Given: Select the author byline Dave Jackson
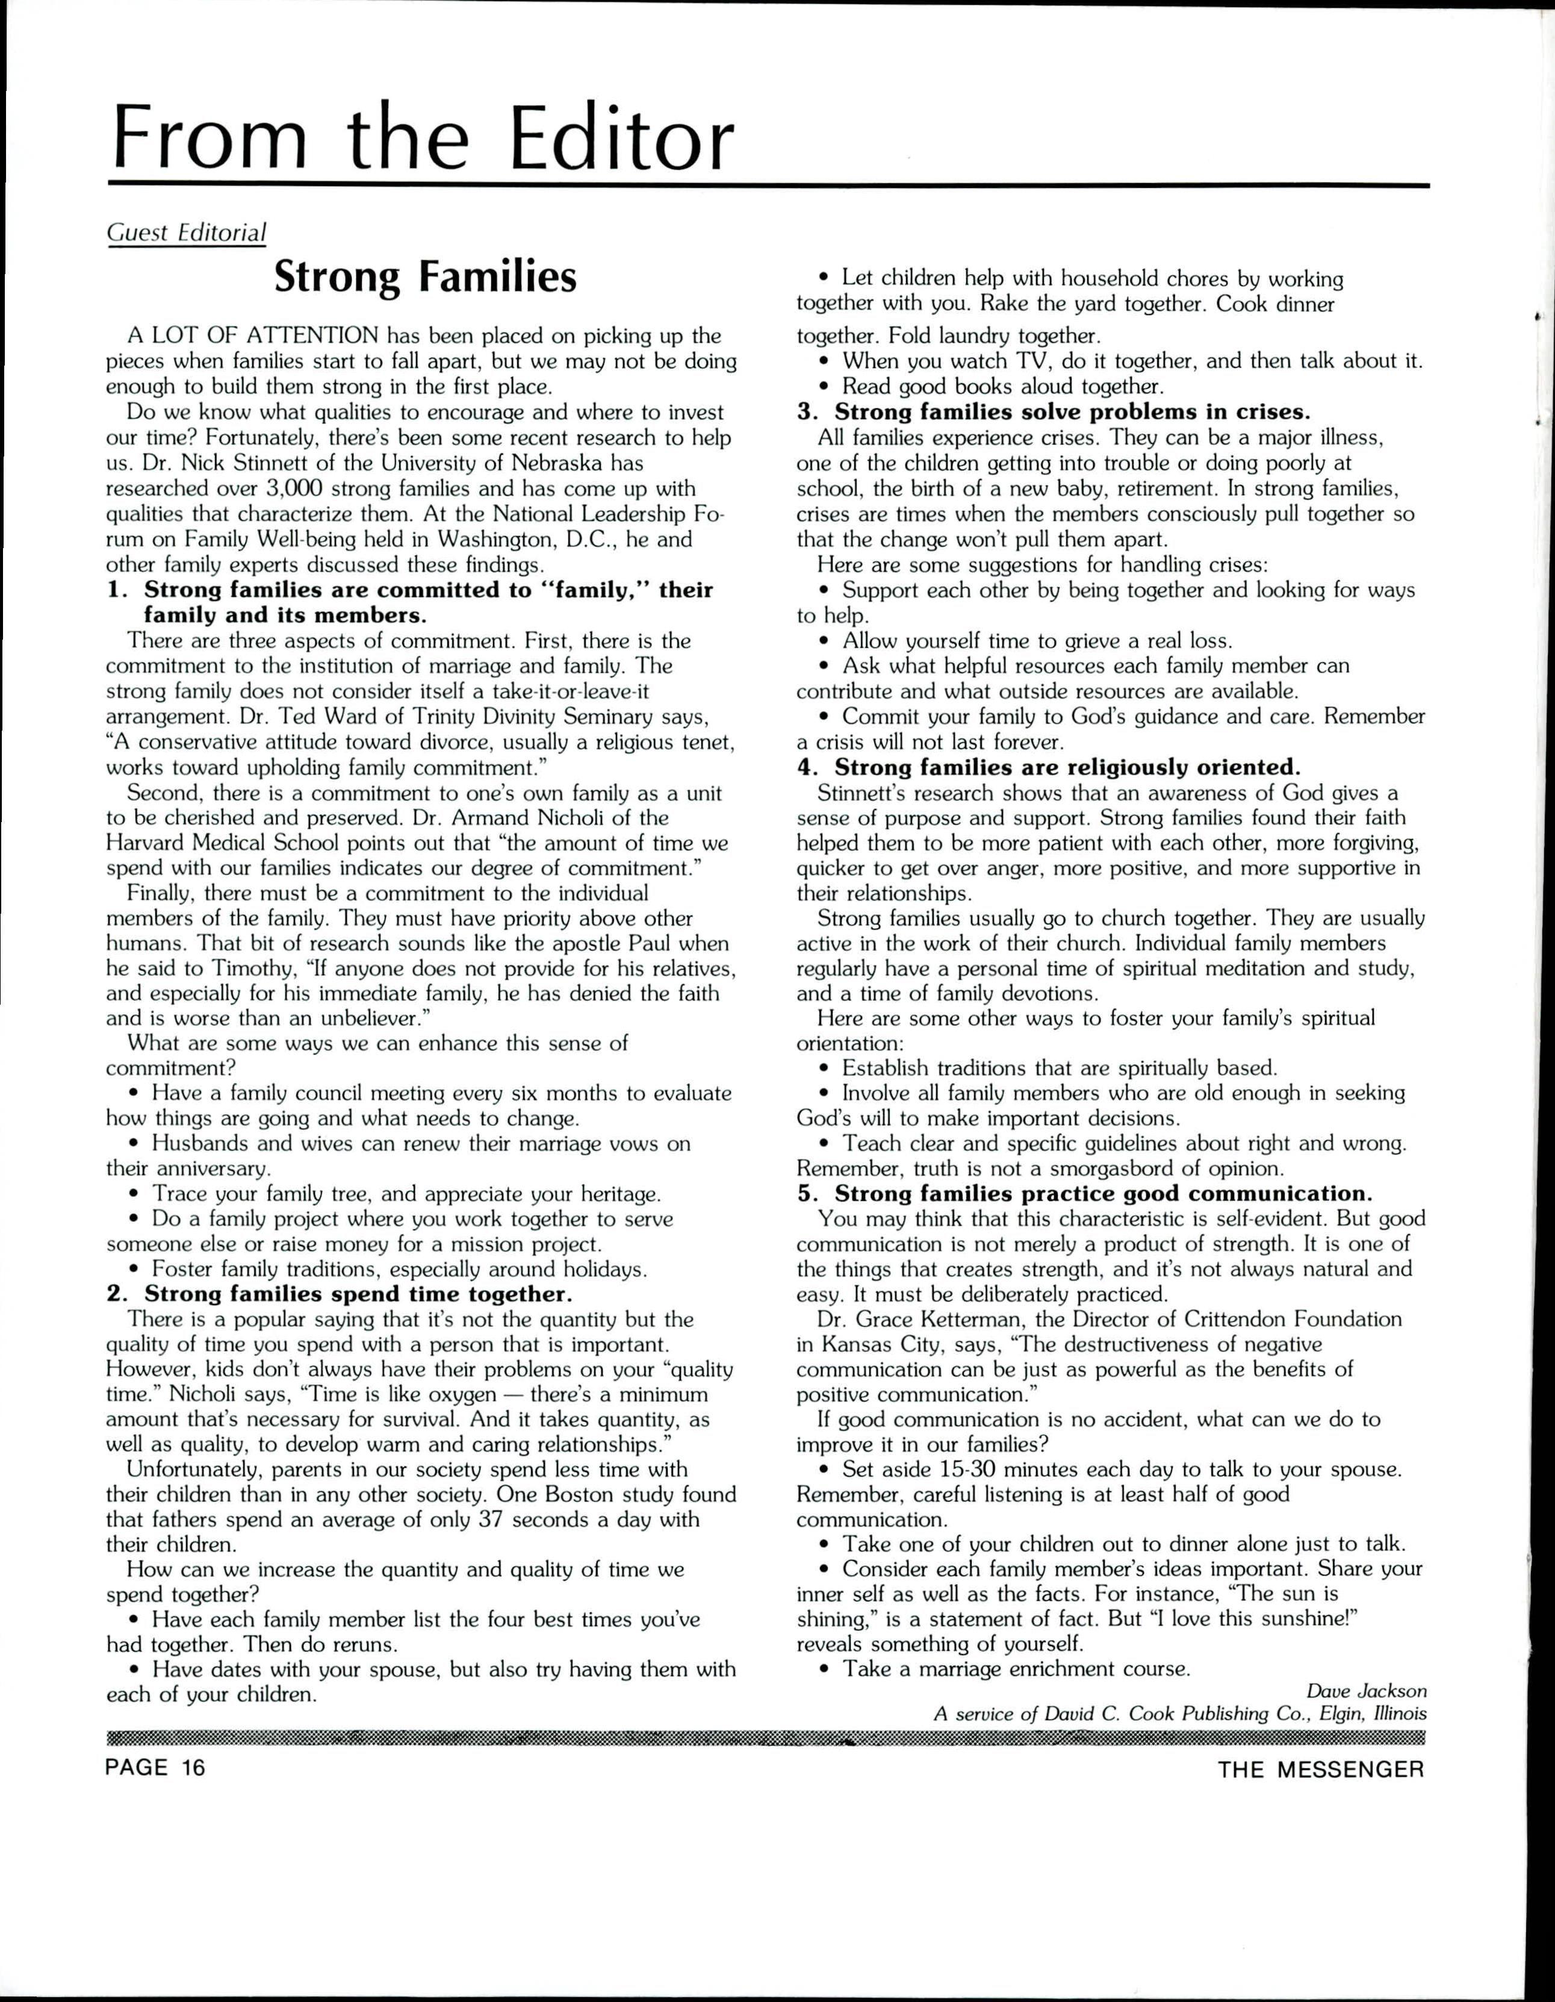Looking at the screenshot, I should click(x=1366, y=1691).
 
